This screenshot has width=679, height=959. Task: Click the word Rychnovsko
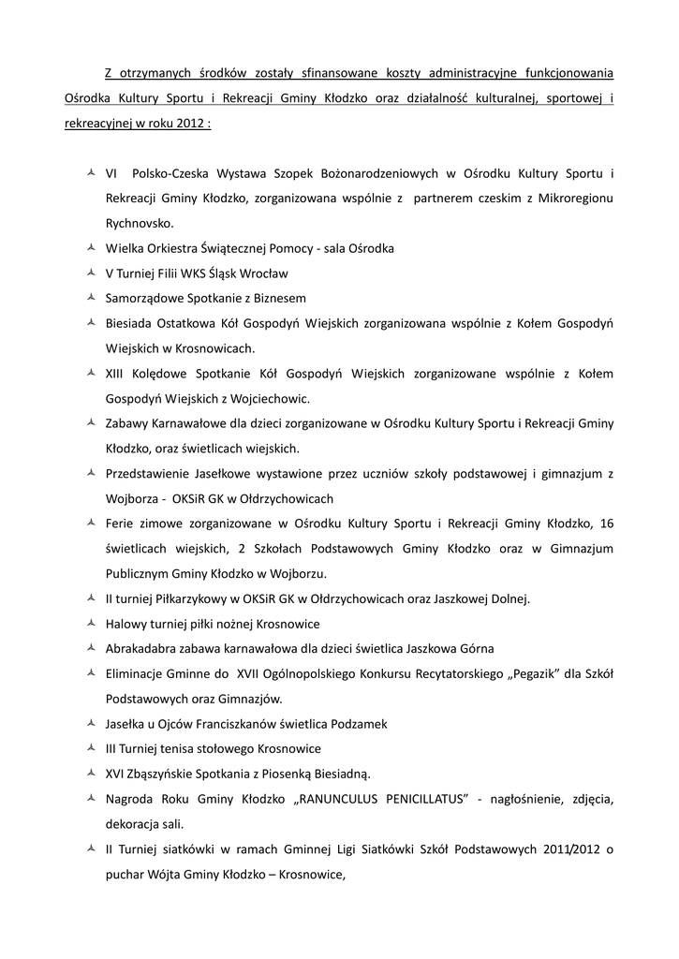140,224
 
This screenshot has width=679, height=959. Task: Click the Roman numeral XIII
118,374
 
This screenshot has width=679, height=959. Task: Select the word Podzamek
358,724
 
